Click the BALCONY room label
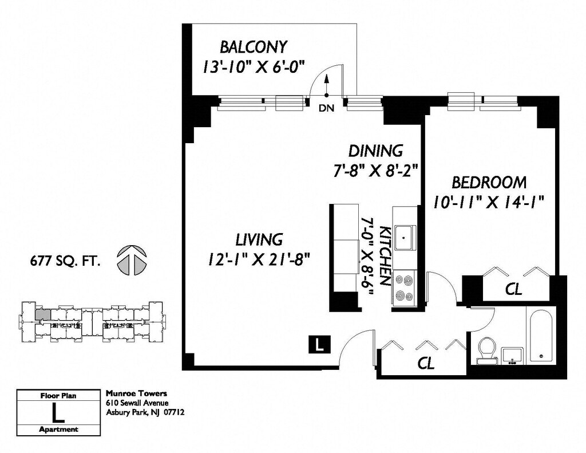[x=254, y=47]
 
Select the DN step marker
[x=326, y=108]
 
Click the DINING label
[x=375, y=151]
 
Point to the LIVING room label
[x=259, y=239]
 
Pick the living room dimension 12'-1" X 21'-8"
[x=259, y=259]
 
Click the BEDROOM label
[x=489, y=183]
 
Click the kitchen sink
[x=403, y=238]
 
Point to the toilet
[x=488, y=350]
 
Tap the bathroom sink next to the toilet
[x=513, y=356]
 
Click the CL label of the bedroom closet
[x=513, y=289]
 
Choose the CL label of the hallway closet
[x=426, y=363]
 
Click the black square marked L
[x=319, y=344]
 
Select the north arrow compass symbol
[x=132, y=260]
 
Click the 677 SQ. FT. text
[x=65, y=261]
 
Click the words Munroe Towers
[x=136, y=393]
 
